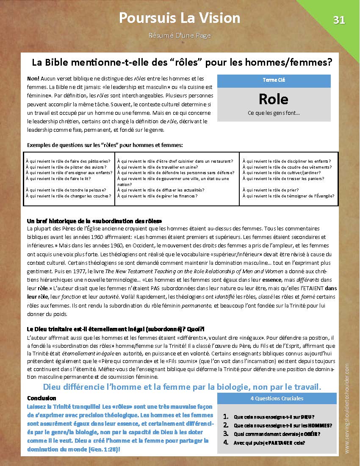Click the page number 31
(x=339, y=20)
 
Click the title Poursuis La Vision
(x=180, y=18)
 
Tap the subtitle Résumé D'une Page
(x=180, y=36)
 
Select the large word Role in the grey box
(x=273, y=99)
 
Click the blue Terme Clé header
(x=273, y=80)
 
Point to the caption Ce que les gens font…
(x=273, y=113)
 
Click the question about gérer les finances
(x=157, y=196)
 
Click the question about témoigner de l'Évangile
(x=288, y=196)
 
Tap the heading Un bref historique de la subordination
(x=94, y=221)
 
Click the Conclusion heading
(x=42, y=398)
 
